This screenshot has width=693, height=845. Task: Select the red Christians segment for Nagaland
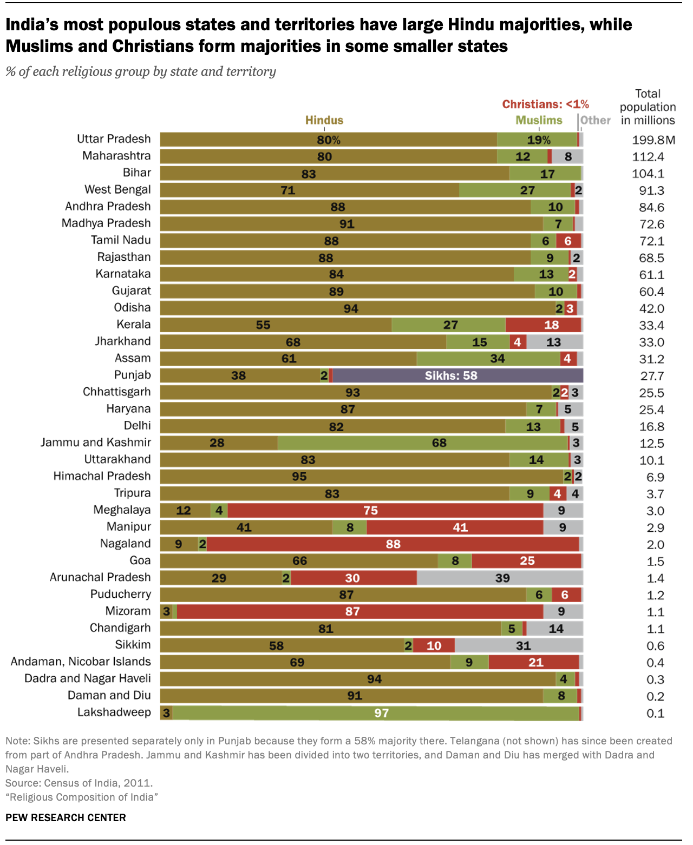[393, 544]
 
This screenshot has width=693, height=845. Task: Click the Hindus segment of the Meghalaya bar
[185, 510]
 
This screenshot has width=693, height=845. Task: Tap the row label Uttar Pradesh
[114, 139]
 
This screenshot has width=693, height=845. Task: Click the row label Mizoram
[128, 611]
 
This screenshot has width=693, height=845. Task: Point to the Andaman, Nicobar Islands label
[81, 662]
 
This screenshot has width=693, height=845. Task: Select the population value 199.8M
[653, 140]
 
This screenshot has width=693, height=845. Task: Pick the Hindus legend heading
[324, 120]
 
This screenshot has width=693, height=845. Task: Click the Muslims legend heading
[539, 120]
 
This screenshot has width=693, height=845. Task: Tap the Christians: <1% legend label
[545, 104]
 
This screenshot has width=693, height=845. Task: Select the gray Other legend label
[596, 120]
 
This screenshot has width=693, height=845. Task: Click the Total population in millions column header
[648, 107]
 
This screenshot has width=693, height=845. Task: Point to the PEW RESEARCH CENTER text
[66, 817]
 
